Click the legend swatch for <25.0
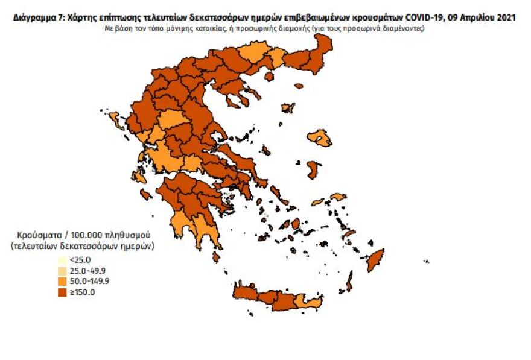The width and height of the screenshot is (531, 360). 63,260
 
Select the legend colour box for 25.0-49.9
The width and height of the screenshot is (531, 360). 63,270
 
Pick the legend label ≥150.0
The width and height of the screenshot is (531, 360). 83,292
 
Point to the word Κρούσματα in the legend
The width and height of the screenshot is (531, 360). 38,234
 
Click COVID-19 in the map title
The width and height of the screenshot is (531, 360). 426,17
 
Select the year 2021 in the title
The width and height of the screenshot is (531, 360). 506,17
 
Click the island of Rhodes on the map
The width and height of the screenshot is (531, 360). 377,261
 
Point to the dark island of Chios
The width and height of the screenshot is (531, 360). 313,169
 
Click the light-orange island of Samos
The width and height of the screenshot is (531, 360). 337,197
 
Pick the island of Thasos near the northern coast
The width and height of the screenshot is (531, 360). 269,77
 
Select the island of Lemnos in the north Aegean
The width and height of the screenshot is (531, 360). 287,109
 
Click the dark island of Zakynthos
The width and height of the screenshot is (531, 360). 146,194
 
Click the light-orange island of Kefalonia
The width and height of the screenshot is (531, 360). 139,177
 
